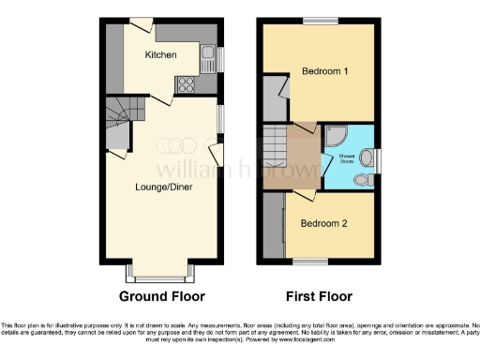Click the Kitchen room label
pos(161,55)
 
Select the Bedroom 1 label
pos(324,71)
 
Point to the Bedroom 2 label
pos(324,223)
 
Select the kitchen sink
pos(208,57)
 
